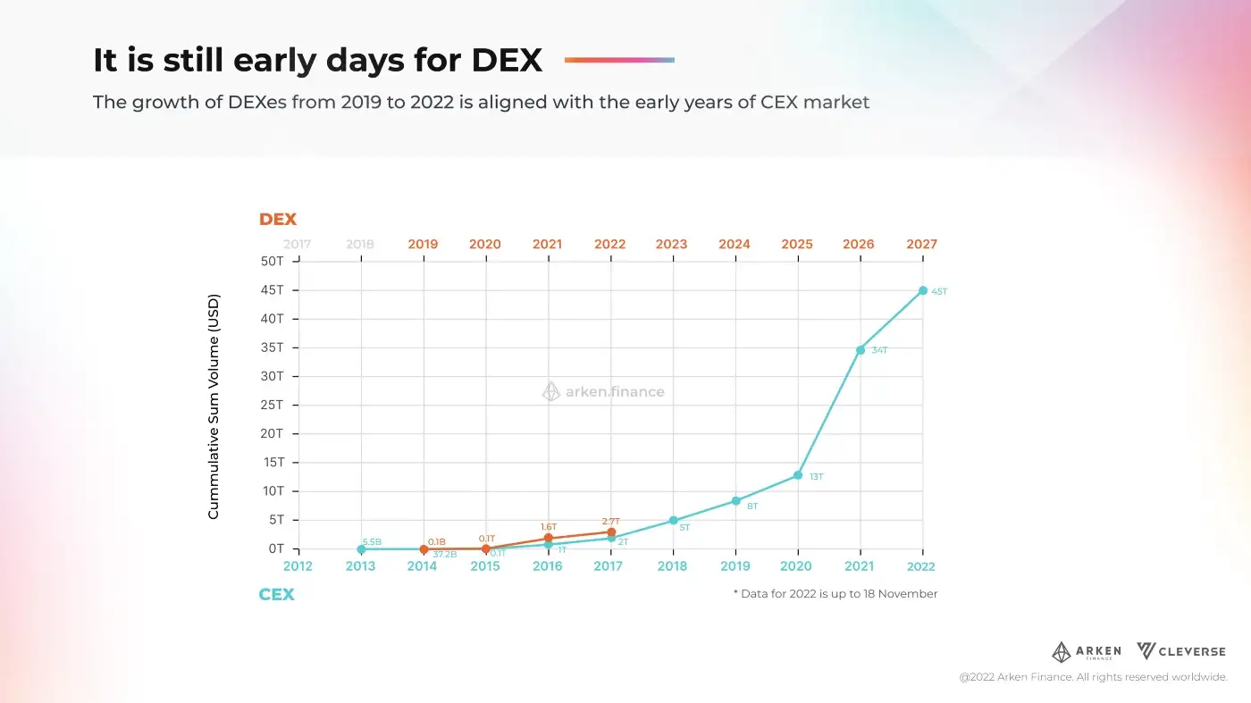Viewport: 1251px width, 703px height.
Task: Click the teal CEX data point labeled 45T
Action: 923,290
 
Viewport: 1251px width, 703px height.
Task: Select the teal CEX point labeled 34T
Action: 861,349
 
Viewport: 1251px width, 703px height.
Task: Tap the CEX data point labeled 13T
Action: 798,475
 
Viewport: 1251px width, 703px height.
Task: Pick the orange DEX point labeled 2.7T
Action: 611,532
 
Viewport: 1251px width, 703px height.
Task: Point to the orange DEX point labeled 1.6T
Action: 549,538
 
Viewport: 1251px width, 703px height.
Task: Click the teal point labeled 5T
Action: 673,521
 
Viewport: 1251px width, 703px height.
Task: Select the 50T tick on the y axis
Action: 272,261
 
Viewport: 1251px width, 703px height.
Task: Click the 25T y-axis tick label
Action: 272,405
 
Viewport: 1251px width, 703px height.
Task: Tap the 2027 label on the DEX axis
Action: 921,244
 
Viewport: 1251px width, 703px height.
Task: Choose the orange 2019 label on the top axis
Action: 423,244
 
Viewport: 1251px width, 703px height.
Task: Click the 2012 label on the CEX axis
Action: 298,566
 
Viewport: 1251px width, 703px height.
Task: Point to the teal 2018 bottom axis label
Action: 671,566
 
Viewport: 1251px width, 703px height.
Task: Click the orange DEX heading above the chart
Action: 277,219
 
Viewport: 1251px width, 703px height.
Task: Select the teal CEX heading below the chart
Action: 276,595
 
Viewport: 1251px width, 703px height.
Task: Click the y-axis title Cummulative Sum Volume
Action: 214,406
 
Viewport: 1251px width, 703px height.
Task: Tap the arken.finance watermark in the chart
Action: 604,391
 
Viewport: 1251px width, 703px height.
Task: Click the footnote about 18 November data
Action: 835,594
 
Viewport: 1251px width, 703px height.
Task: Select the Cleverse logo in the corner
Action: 1181,651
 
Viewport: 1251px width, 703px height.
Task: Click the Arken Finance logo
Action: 1086,651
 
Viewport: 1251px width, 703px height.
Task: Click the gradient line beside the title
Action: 619,60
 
